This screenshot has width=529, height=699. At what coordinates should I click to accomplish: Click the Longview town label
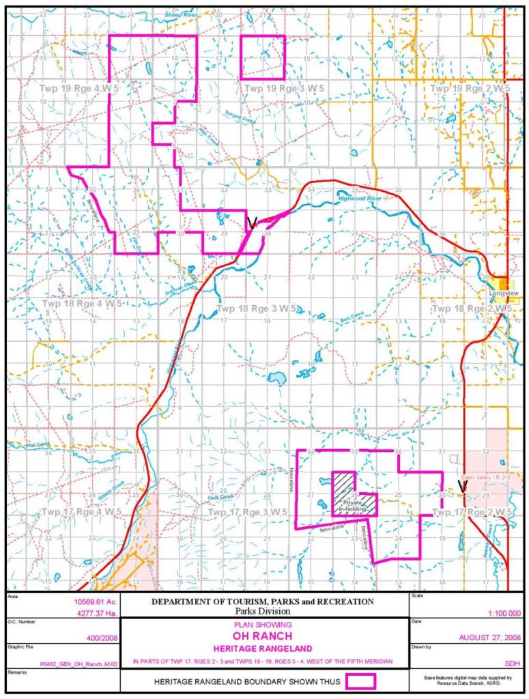click(503, 293)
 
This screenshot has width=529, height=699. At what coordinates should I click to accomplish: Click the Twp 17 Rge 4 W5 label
click(81, 511)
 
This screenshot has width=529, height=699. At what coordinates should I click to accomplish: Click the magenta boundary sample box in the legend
click(361, 681)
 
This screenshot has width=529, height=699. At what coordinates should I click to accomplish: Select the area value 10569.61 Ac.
click(95, 602)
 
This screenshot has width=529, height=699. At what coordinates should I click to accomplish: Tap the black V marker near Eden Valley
click(462, 486)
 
